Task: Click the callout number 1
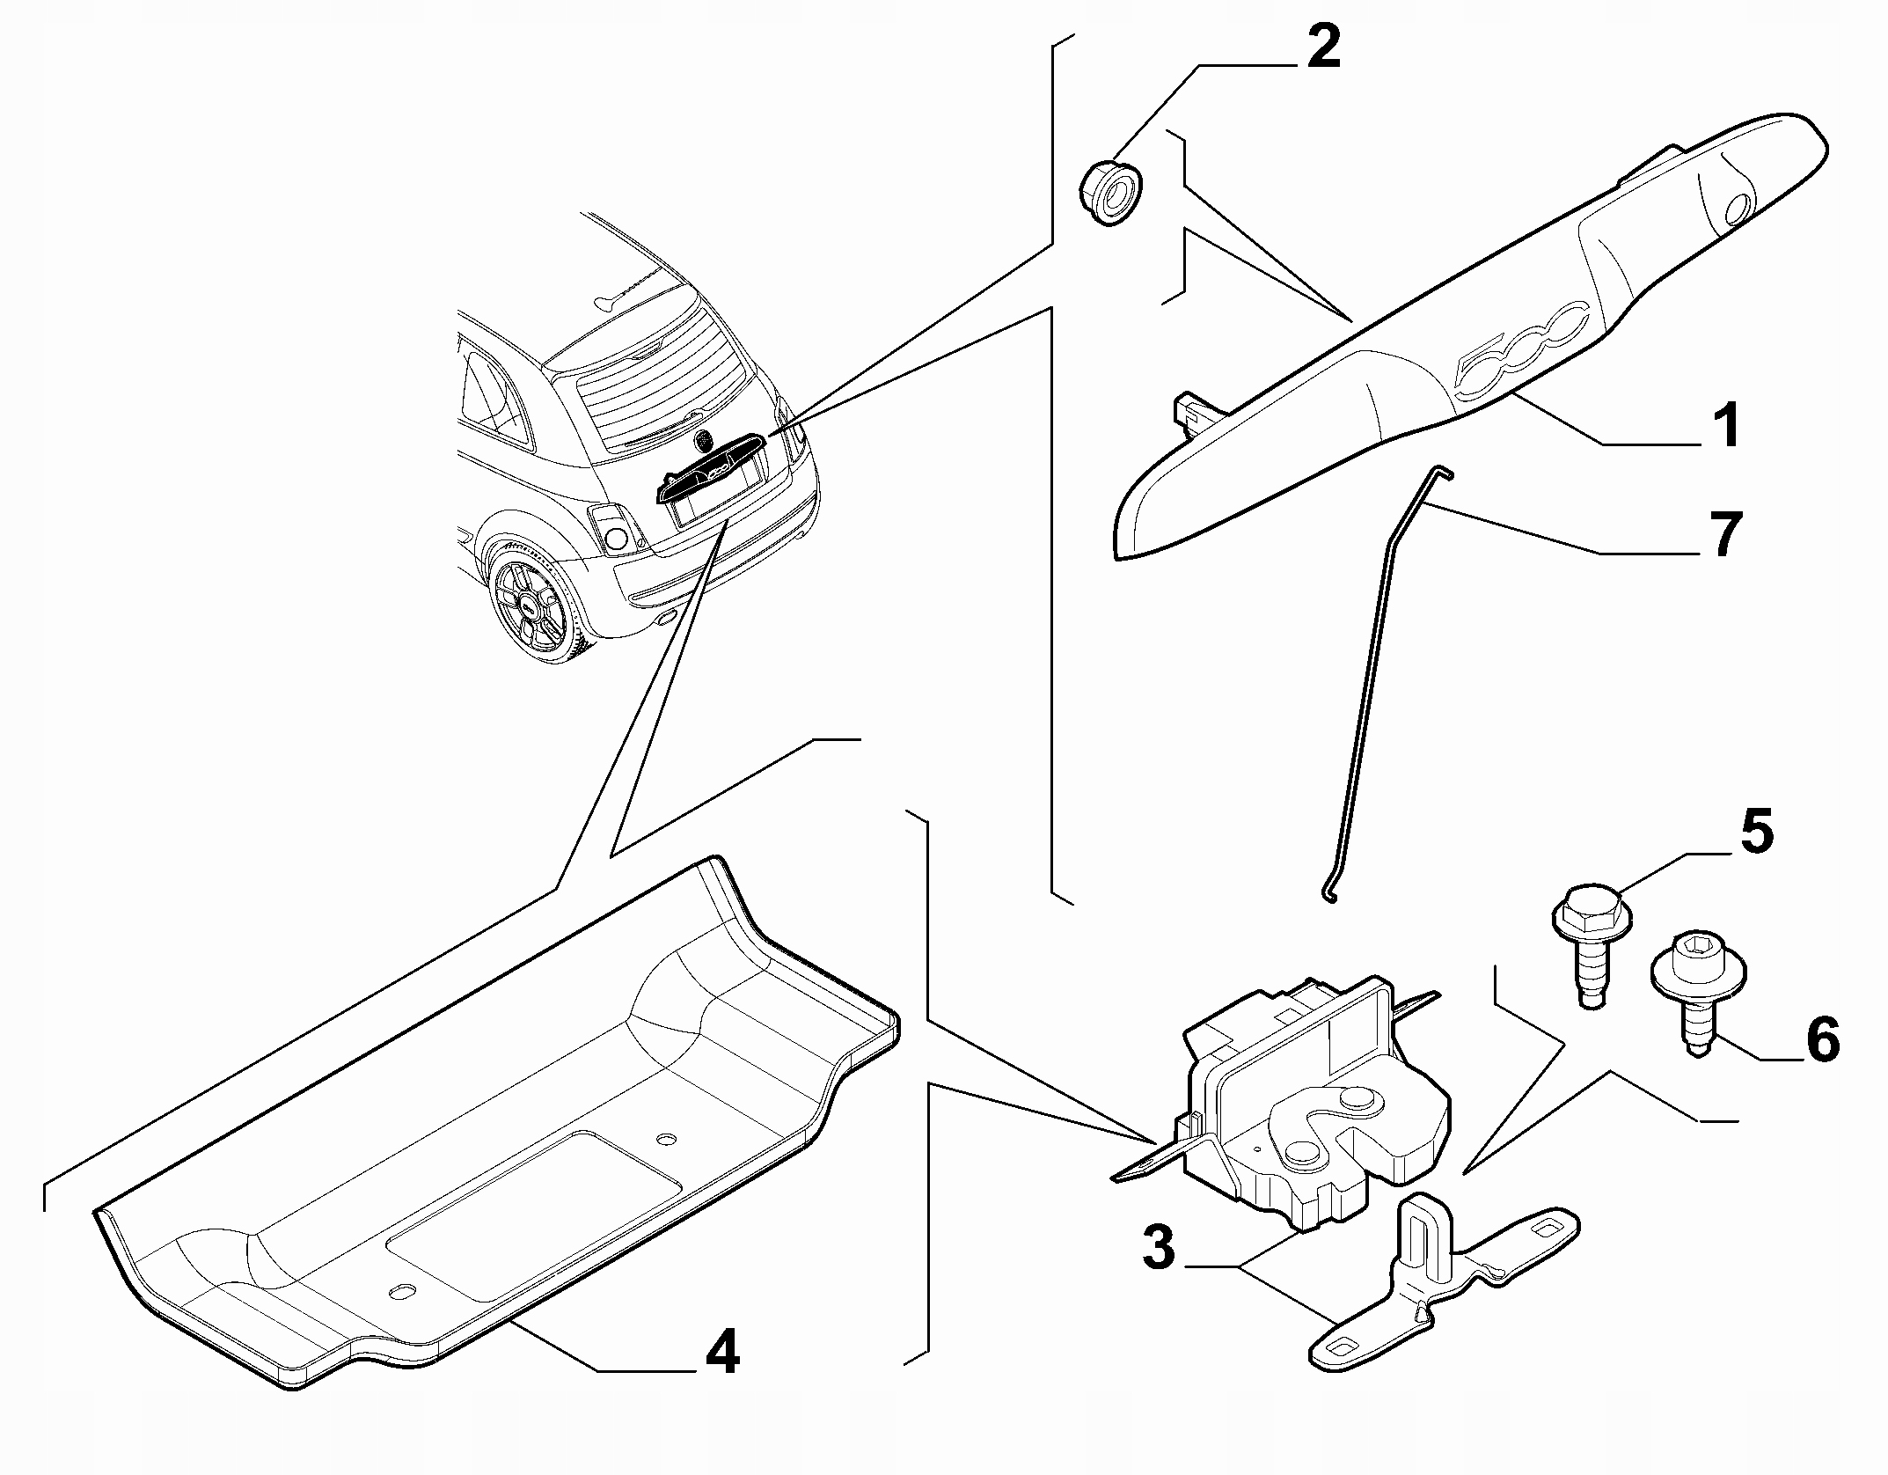[1726, 425]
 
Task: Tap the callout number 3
[1159, 1247]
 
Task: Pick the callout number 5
[1755, 832]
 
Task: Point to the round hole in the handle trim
[1738, 207]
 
